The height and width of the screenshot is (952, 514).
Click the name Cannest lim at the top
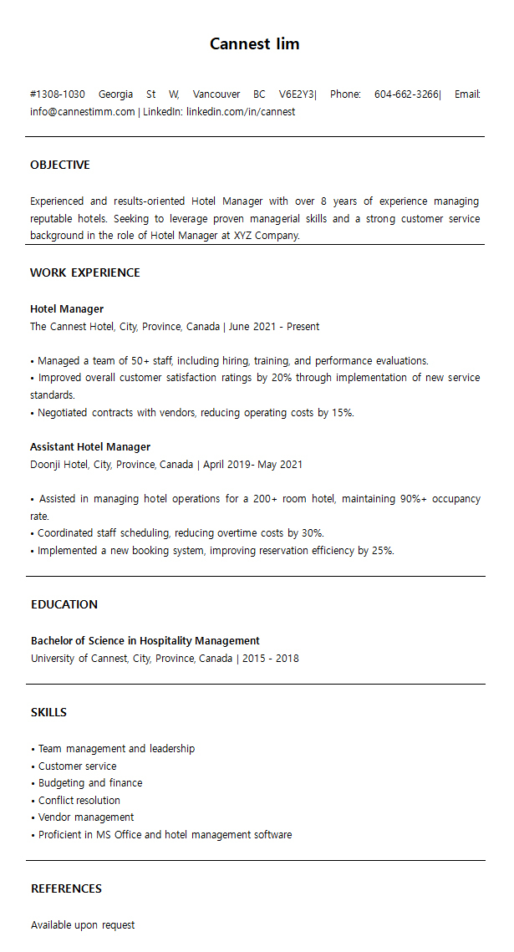(x=254, y=44)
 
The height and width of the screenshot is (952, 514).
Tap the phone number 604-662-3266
(x=406, y=94)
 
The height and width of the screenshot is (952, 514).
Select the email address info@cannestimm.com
(x=82, y=111)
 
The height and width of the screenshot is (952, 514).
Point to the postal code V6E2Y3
(x=297, y=94)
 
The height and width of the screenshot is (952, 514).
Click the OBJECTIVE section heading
(x=60, y=165)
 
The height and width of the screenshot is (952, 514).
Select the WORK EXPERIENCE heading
(x=85, y=272)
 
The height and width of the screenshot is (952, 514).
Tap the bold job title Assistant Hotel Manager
(x=90, y=447)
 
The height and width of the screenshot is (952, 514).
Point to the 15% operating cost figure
(x=342, y=413)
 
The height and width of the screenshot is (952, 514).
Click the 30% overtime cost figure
(x=312, y=533)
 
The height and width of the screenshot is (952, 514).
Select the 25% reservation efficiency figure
(x=382, y=551)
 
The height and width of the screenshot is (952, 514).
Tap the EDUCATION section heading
(x=64, y=604)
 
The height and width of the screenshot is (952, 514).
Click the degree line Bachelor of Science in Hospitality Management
(x=145, y=641)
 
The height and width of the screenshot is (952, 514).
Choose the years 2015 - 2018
(x=271, y=659)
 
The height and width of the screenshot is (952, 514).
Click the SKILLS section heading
(x=48, y=712)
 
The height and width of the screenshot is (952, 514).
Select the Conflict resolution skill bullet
(x=79, y=801)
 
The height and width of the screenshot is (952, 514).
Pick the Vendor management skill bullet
(x=85, y=817)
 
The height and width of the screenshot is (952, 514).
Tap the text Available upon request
(x=83, y=925)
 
